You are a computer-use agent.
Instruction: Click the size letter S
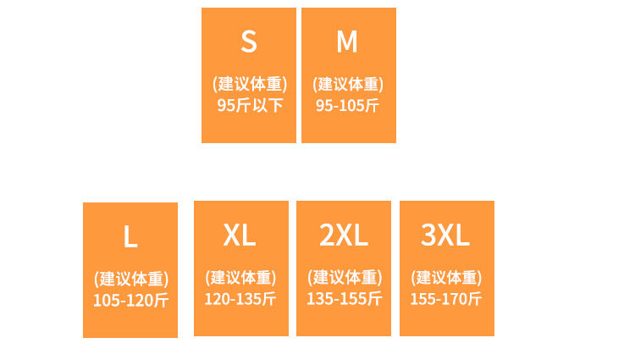coord(248,41)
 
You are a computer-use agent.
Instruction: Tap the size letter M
coord(347,41)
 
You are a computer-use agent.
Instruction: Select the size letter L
coord(130,237)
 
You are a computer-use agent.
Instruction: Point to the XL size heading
coord(240,235)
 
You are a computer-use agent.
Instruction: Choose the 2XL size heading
coord(344,235)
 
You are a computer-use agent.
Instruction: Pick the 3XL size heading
coord(445,235)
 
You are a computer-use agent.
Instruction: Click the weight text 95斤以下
coord(250,106)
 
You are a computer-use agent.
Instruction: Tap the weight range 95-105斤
coord(348,106)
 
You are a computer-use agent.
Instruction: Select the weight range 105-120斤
coord(130,301)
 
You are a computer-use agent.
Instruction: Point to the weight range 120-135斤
coord(240,298)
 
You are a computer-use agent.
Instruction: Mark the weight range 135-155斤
coord(345,298)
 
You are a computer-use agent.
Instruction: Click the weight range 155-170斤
coord(446,298)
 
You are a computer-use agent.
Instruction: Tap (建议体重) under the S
coord(250,84)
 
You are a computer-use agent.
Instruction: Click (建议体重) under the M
coord(348,84)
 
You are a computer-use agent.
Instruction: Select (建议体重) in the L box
coord(130,279)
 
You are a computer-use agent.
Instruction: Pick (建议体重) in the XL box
coord(240,277)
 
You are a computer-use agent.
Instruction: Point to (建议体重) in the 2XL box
coord(345,277)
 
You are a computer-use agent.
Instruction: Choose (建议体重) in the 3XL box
coord(446,277)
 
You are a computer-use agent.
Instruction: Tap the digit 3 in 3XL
coord(429,235)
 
